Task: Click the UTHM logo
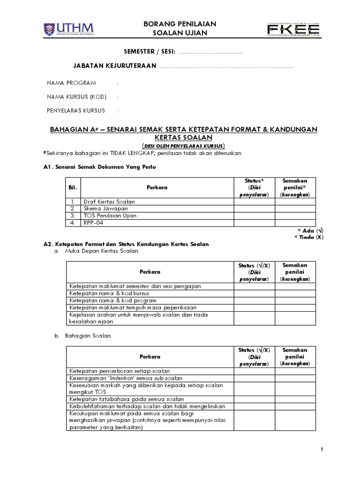(67, 29)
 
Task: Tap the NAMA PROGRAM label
(71, 83)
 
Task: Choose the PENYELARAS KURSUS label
(76, 111)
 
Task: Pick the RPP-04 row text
(94, 223)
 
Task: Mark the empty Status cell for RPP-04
(255, 223)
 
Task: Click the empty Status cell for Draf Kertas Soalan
(255, 202)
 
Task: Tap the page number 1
(322, 450)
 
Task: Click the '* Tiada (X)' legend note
(309, 237)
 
